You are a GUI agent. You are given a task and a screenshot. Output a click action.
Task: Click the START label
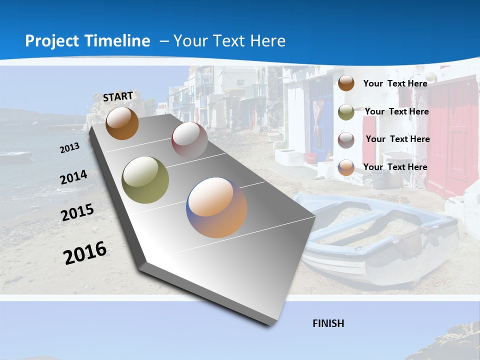(118, 96)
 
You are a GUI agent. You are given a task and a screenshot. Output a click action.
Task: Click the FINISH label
(328, 323)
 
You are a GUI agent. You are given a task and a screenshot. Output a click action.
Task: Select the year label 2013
(69, 148)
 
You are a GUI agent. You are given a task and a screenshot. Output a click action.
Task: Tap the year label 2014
(74, 177)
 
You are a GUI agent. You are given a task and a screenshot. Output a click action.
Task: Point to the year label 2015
(77, 212)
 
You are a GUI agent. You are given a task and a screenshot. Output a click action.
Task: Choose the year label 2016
(85, 252)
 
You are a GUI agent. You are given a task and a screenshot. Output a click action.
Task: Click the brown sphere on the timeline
(122, 123)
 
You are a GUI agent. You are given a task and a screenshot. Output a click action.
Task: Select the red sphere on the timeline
(189, 139)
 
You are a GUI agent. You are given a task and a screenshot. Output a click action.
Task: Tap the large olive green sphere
(145, 180)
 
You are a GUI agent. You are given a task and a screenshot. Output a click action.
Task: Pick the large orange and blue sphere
(216, 207)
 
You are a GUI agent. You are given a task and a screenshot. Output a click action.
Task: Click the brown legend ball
(346, 83)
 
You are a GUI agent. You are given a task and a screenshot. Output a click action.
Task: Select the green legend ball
(346, 112)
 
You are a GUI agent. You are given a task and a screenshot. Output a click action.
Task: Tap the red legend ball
(346, 140)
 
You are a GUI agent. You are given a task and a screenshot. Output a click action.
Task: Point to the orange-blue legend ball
(346, 167)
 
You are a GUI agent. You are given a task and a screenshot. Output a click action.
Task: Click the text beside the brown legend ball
(395, 83)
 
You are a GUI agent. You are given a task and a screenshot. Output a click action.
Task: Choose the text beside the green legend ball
(396, 111)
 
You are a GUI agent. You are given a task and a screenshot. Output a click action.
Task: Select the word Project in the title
(52, 41)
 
